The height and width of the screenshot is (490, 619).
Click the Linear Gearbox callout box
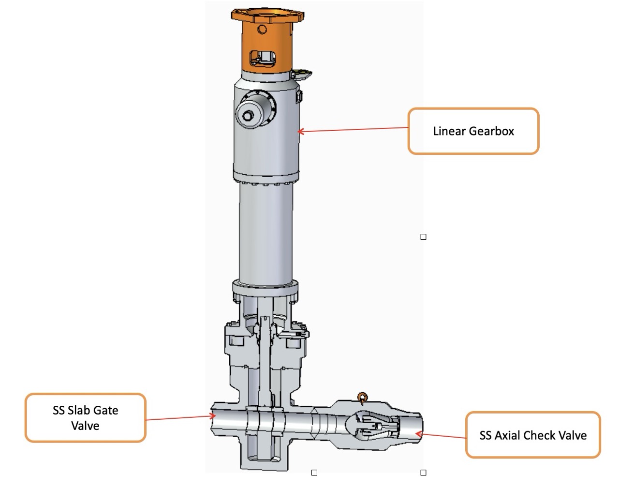(473, 131)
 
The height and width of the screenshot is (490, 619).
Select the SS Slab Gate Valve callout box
(85, 418)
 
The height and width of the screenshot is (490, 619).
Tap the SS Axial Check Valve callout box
(533, 435)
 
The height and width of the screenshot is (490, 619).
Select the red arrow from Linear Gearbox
(353, 129)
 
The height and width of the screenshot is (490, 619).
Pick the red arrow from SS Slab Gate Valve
(179, 417)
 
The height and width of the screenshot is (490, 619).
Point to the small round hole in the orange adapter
(262, 30)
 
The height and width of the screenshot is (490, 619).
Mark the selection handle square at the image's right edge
(423, 237)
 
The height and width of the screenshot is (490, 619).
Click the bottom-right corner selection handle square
(423, 473)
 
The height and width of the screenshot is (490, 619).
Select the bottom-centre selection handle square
(314, 473)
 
